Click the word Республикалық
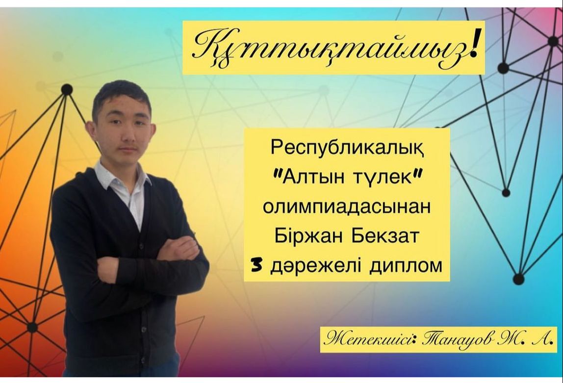347,148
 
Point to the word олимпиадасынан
347,207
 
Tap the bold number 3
256,266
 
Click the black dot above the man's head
67,89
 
